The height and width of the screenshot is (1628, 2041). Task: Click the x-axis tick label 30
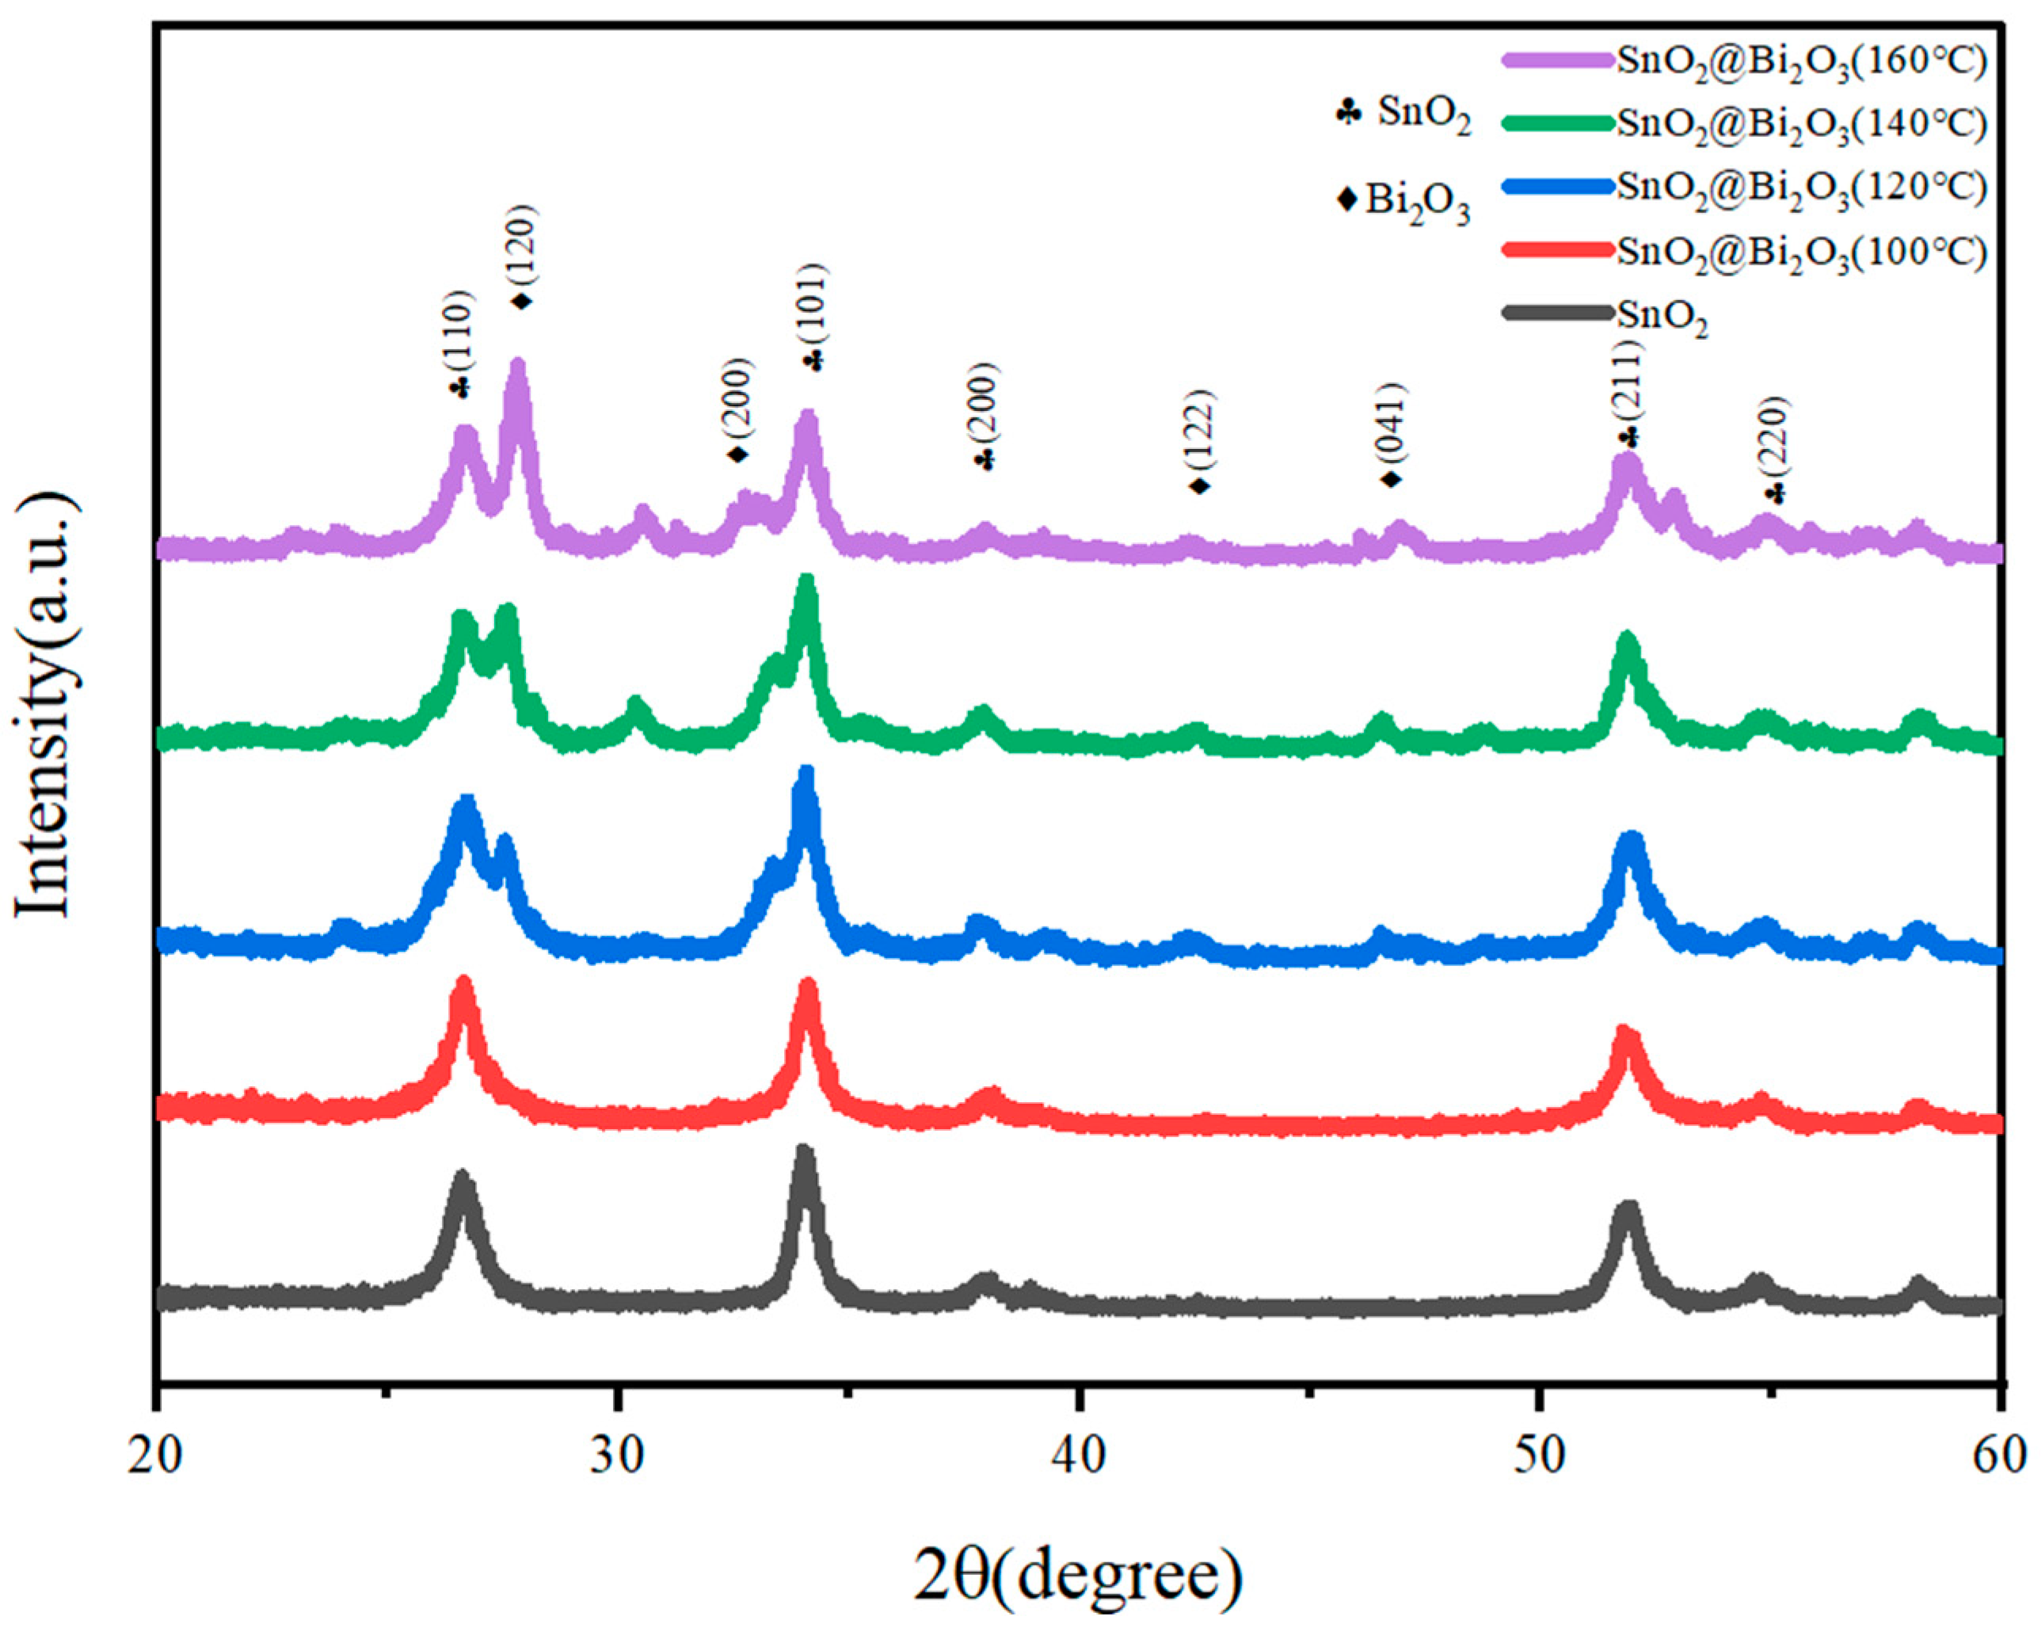(617, 1455)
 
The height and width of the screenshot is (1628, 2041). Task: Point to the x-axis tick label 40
(1078, 1455)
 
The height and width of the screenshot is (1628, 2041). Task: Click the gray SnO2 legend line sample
(1557, 312)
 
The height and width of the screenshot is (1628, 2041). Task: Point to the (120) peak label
(522, 241)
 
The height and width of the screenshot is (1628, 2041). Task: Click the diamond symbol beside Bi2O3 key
(1347, 200)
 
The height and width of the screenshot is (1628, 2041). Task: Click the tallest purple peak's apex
(518, 363)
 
